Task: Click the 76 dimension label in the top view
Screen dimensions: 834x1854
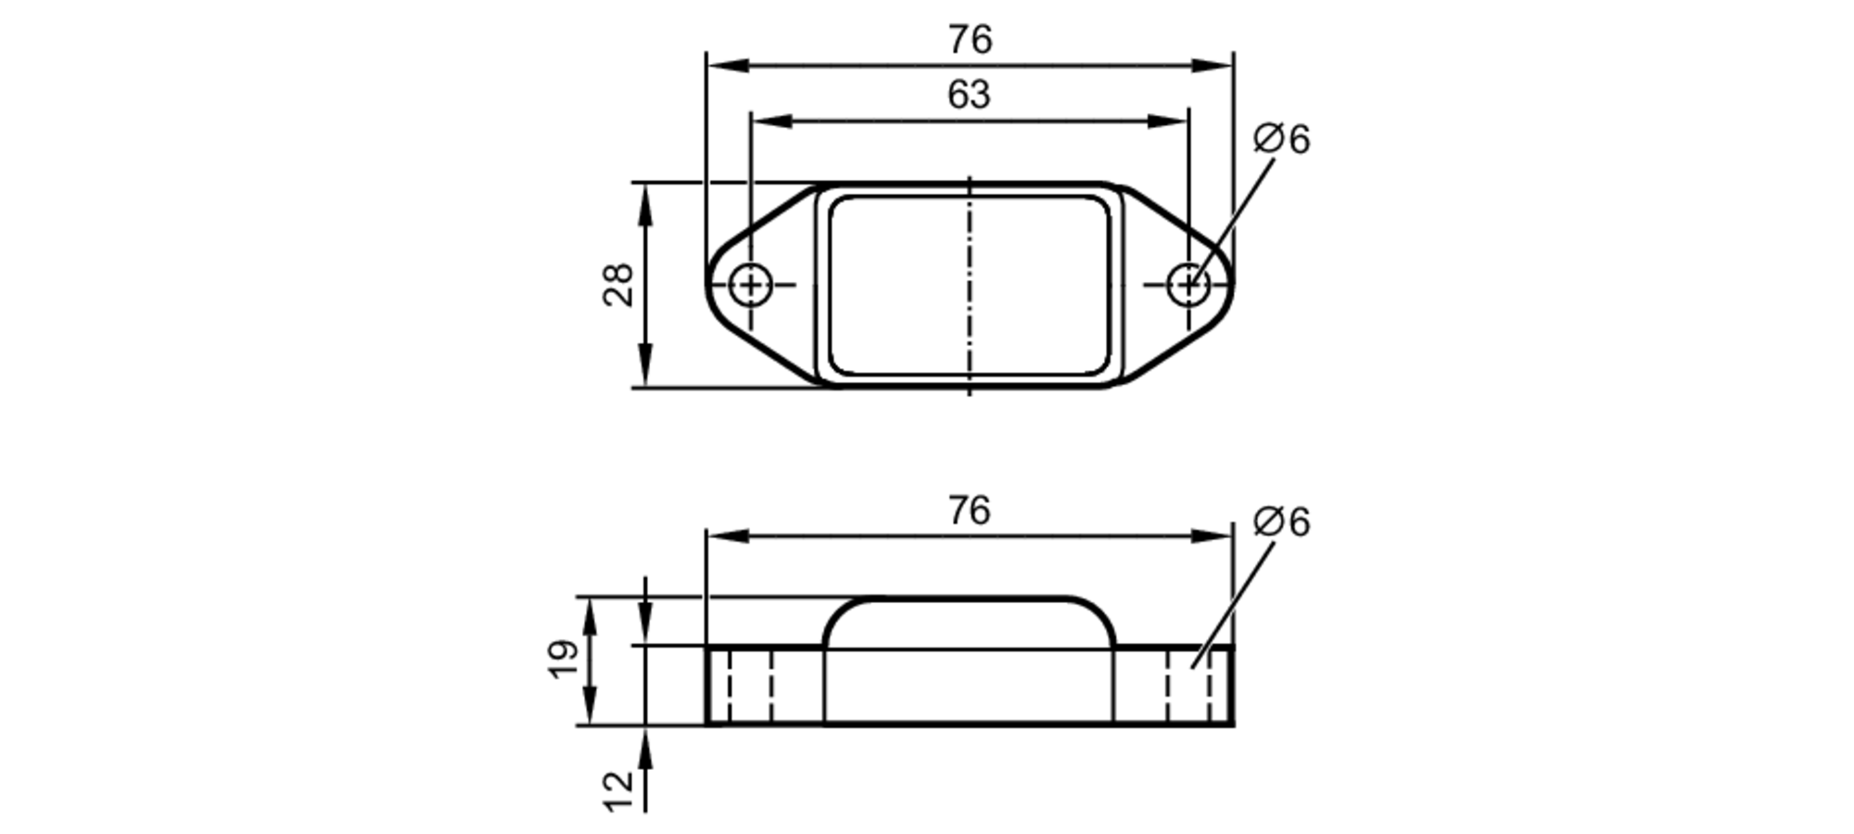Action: (970, 40)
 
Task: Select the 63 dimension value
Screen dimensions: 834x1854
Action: (969, 95)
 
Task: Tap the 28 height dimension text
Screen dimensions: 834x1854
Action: (618, 285)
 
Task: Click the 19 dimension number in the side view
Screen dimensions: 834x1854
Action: (564, 660)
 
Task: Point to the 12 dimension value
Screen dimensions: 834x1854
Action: (618, 790)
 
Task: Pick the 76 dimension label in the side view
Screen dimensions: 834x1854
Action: (970, 510)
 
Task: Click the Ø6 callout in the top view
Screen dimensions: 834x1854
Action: (1281, 139)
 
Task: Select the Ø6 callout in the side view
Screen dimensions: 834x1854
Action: (1281, 522)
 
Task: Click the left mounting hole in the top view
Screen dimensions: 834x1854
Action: (750, 285)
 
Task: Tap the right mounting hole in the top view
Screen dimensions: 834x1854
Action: (1188, 285)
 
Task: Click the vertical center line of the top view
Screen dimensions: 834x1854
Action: (970, 278)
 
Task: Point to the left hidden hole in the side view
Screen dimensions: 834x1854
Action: (749, 686)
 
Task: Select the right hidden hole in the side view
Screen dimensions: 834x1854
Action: (1188, 686)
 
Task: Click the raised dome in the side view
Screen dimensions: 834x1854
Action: (970, 622)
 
